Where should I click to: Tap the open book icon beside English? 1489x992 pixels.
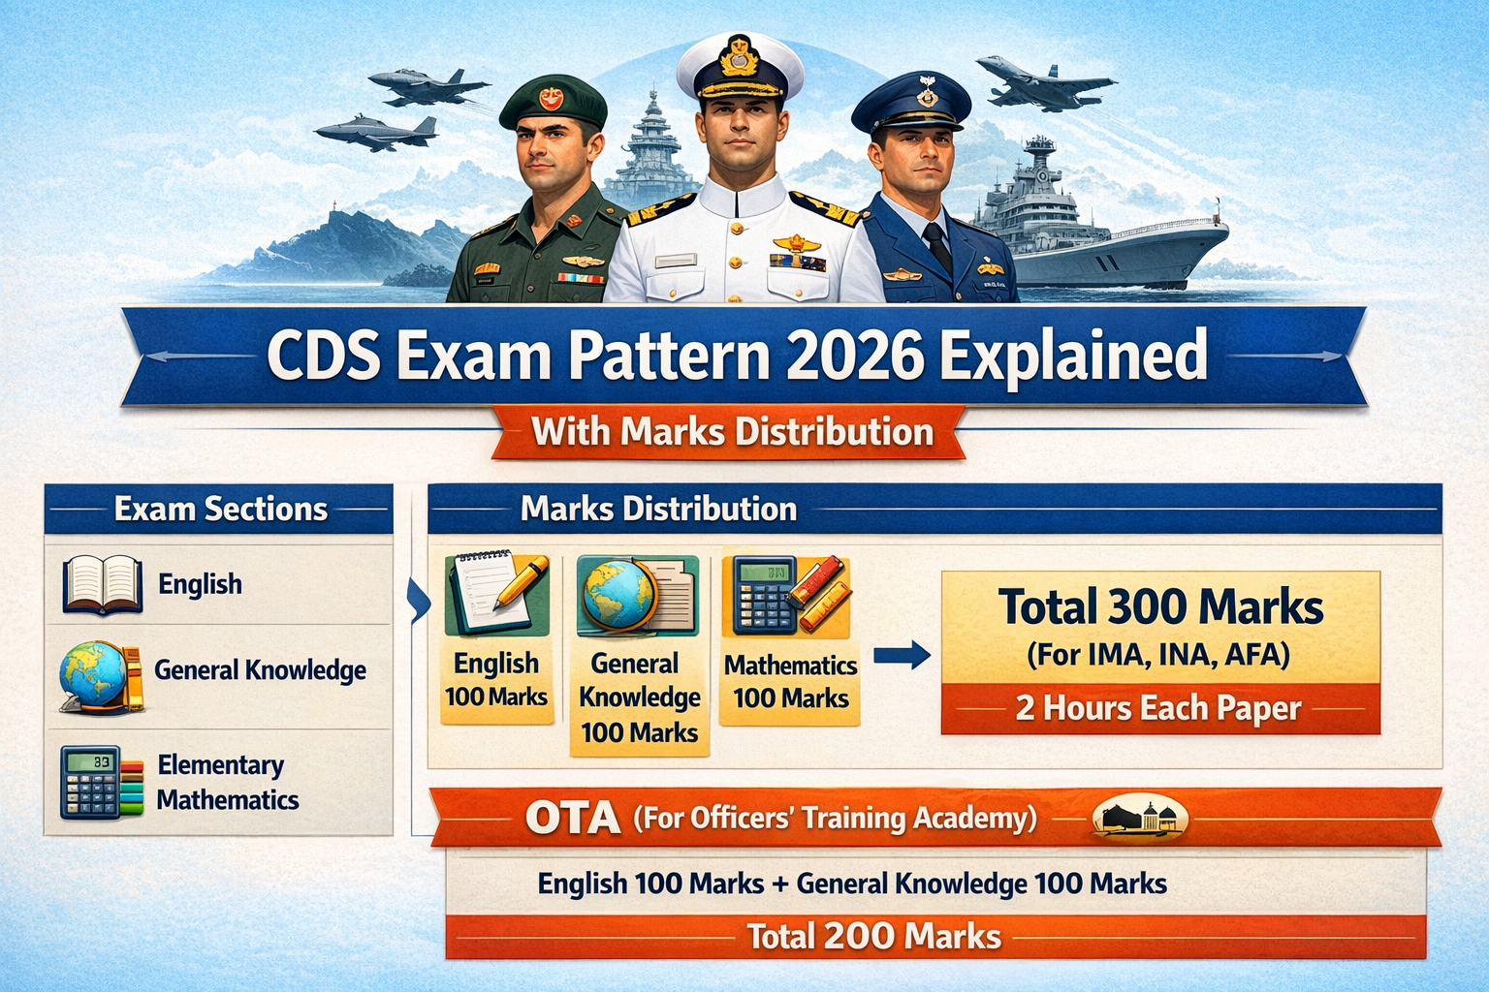(x=102, y=584)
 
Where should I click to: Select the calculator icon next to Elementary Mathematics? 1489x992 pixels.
(x=91, y=782)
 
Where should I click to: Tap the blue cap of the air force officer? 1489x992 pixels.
(x=911, y=102)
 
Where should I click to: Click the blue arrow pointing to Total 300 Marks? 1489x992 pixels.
(x=901, y=656)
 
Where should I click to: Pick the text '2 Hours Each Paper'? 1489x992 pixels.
(x=1158, y=708)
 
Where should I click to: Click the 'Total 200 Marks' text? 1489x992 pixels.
(x=873, y=937)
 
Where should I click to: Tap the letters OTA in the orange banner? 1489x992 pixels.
(x=573, y=819)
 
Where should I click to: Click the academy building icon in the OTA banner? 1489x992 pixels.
(x=1140, y=819)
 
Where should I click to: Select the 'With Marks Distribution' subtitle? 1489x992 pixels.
(x=732, y=431)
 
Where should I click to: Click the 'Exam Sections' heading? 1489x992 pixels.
(x=221, y=509)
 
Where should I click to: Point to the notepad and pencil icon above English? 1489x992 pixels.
(x=496, y=594)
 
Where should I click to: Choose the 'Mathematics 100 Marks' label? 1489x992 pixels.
(x=790, y=681)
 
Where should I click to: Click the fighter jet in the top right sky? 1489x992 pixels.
(x=1042, y=82)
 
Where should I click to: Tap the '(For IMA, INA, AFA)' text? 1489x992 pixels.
(x=1158, y=655)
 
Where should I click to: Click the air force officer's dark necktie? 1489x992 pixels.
(x=937, y=246)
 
